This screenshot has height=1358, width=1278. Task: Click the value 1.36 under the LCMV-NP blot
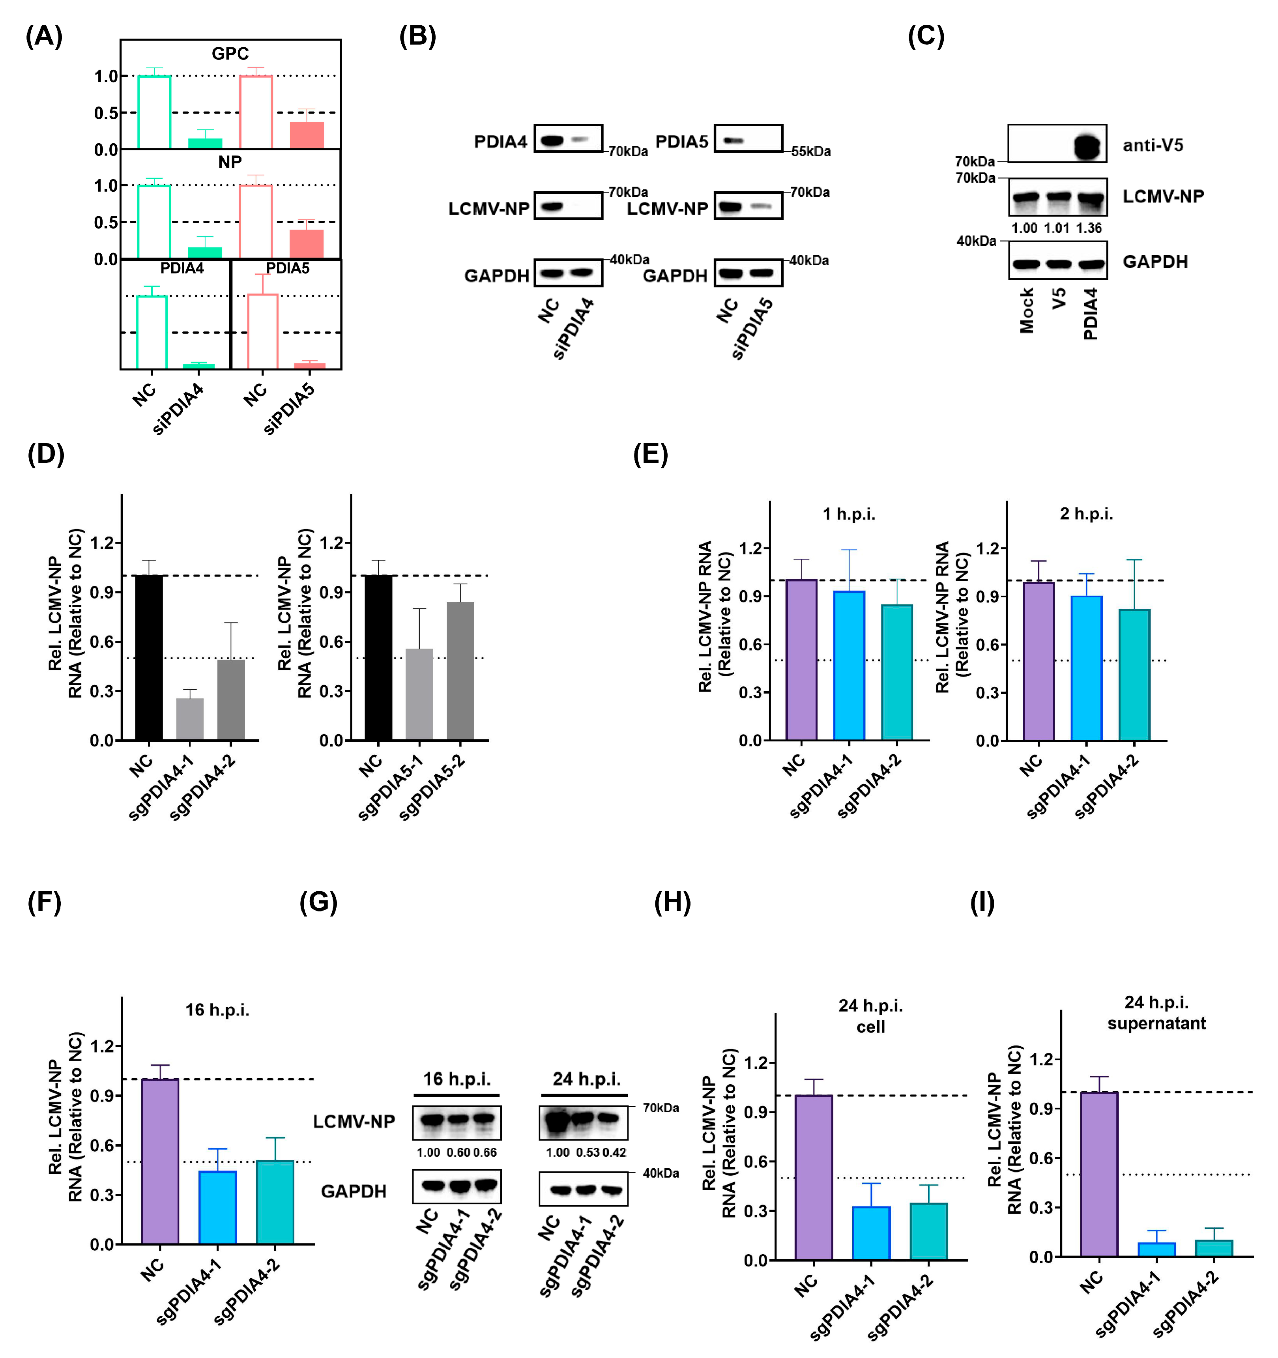coord(1089,228)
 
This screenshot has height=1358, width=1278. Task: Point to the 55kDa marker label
coord(811,152)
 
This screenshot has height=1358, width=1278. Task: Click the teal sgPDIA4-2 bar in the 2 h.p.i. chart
coord(1134,674)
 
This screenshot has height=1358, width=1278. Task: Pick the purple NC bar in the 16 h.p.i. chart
coord(160,1161)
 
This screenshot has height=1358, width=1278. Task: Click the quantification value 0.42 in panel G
coord(614,1152)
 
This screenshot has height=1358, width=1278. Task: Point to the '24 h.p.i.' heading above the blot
coord(586,1079)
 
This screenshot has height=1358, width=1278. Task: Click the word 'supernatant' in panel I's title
coord(1156,1023)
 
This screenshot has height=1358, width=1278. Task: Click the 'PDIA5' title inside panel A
coord(288,268)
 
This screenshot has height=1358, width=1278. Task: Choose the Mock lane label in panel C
coord(1027,311)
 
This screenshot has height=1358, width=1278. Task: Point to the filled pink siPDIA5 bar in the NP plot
coord(307,244)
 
